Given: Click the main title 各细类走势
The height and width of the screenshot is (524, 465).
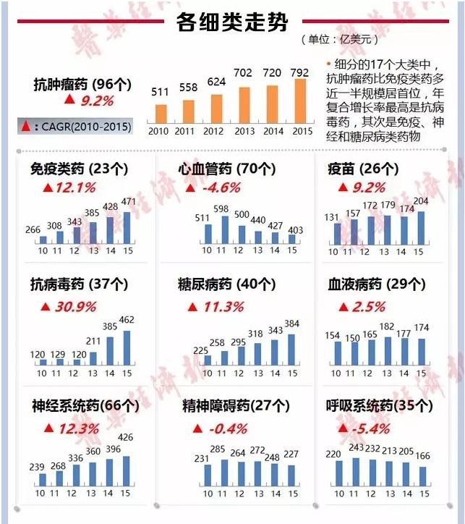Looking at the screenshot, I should (232, 22).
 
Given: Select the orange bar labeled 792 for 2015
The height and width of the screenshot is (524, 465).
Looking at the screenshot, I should (299, 101).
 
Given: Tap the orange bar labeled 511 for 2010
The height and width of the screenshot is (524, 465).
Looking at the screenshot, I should (161, 114).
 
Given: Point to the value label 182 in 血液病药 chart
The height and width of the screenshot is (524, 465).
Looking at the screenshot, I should (387, 327).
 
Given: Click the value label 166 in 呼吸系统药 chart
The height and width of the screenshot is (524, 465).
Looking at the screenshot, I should (423, 456).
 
